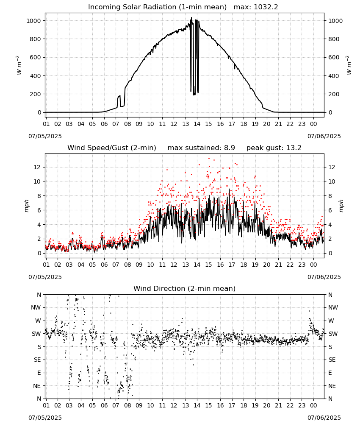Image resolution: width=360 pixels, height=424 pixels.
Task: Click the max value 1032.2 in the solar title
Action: (x=266, y=7)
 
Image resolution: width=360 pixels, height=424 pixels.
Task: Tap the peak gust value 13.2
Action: (x=294, y=148)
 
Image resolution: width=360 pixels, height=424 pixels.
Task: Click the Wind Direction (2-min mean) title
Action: (x=185, y=288)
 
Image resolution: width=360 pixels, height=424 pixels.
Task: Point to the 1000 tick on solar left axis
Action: (x=33, y=21)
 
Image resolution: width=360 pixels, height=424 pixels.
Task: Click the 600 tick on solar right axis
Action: (x=334, y=57)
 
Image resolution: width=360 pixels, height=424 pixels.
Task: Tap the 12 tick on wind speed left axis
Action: (x=37, y=167)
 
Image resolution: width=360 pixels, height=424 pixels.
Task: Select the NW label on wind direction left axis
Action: (x=36, y=308)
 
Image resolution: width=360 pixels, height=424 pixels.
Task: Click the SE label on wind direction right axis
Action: (x=332, y=360)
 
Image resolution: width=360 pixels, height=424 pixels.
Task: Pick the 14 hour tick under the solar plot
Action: (x=197, y=124)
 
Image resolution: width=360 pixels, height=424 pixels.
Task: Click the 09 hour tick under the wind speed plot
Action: (x=139, y=265)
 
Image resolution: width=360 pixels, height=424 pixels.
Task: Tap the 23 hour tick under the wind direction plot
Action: (x=302, y=405)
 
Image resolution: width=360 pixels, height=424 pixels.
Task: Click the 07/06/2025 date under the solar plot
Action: (x=324, y=136)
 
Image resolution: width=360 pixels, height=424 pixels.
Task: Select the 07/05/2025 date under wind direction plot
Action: (x=45, y=418)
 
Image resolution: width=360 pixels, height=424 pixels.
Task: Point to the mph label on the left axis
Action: (x=26, y=206)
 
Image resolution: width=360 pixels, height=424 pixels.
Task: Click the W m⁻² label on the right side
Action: (x=349, y=65)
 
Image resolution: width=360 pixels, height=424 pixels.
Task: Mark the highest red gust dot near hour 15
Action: (x=209, y=159)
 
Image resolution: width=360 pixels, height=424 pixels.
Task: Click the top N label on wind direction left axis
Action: (x=39, y=295)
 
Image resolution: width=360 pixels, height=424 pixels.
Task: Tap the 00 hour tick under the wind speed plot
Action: (x=313, y=265)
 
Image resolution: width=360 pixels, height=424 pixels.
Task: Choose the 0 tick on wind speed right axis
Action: (x=330, y=254)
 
